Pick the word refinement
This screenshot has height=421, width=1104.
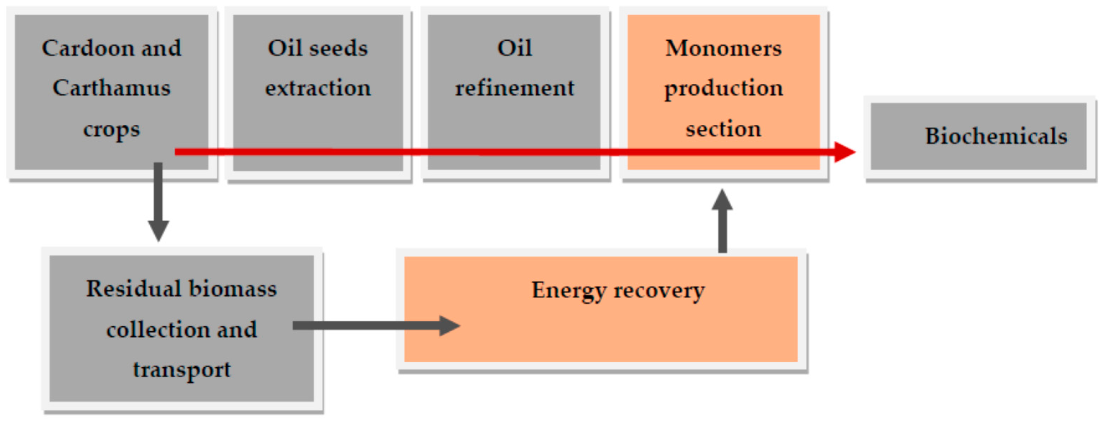point(514,88)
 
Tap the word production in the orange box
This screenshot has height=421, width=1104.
point(723,89)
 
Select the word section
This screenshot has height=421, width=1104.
point(723,129)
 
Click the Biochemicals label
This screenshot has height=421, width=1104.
point(996,136)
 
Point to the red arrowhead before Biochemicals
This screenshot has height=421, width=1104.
point(844,152)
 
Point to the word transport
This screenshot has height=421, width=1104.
point(182,369)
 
